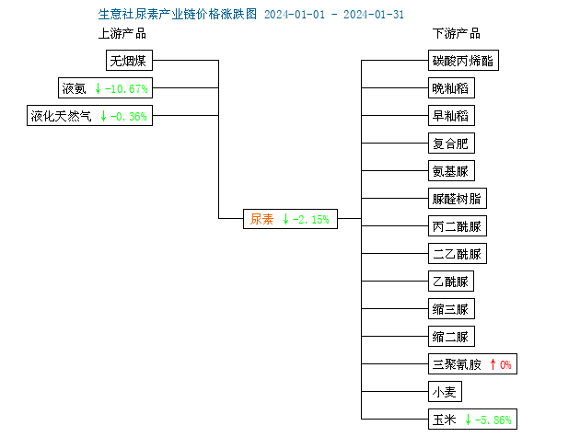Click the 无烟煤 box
click(x=129, y=61)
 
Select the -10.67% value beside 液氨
click(x=126, y=88)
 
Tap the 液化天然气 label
click(x=61, y=116)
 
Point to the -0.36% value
click(x=129, y=117)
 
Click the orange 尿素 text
click(x=261, y=219)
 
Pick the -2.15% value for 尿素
click(x=311, y=220)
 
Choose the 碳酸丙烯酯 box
click(x=463, y=61)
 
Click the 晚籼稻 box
click(x=451, y=88)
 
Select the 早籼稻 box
click(x=451, y=116)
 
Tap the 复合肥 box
click(x=451, y=144)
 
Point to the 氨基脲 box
click(x=451, y=171)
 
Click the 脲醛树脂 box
click(x=458, y=199)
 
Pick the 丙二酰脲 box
click(x=458, y=226)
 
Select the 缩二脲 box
click(x=451, y=337)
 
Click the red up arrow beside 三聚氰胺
click(x=493, y=364)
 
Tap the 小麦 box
click(x=445, y=392)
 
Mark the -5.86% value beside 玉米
click(x=493, y=420)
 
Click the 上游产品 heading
click(x=122, y=34)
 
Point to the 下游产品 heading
click(x=457, y=34)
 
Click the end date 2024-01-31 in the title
click(x=374, y=15)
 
